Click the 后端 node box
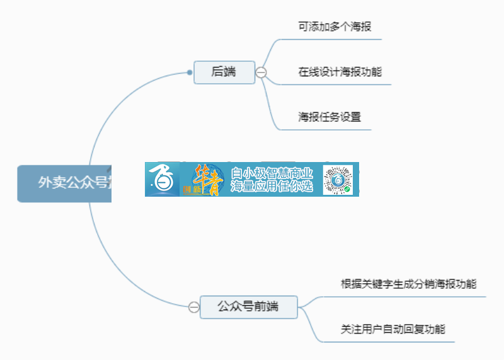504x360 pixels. [224, 73]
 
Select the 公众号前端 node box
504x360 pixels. [248, 307]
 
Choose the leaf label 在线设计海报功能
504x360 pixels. [340, 72]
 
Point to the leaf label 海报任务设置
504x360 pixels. [329, 117]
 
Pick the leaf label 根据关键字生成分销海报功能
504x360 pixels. [408, 284]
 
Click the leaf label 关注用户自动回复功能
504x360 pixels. [393, 329]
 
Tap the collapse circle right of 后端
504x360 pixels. [261, 73]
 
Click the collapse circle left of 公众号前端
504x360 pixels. [194, 308]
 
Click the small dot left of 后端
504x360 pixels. [190, 73]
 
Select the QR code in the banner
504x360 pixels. [338, 180]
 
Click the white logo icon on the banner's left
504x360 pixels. [162, 180]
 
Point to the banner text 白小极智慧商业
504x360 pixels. [272, 173]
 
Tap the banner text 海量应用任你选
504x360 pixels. [272, 187]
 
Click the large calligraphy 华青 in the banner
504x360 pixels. [205, 178]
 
